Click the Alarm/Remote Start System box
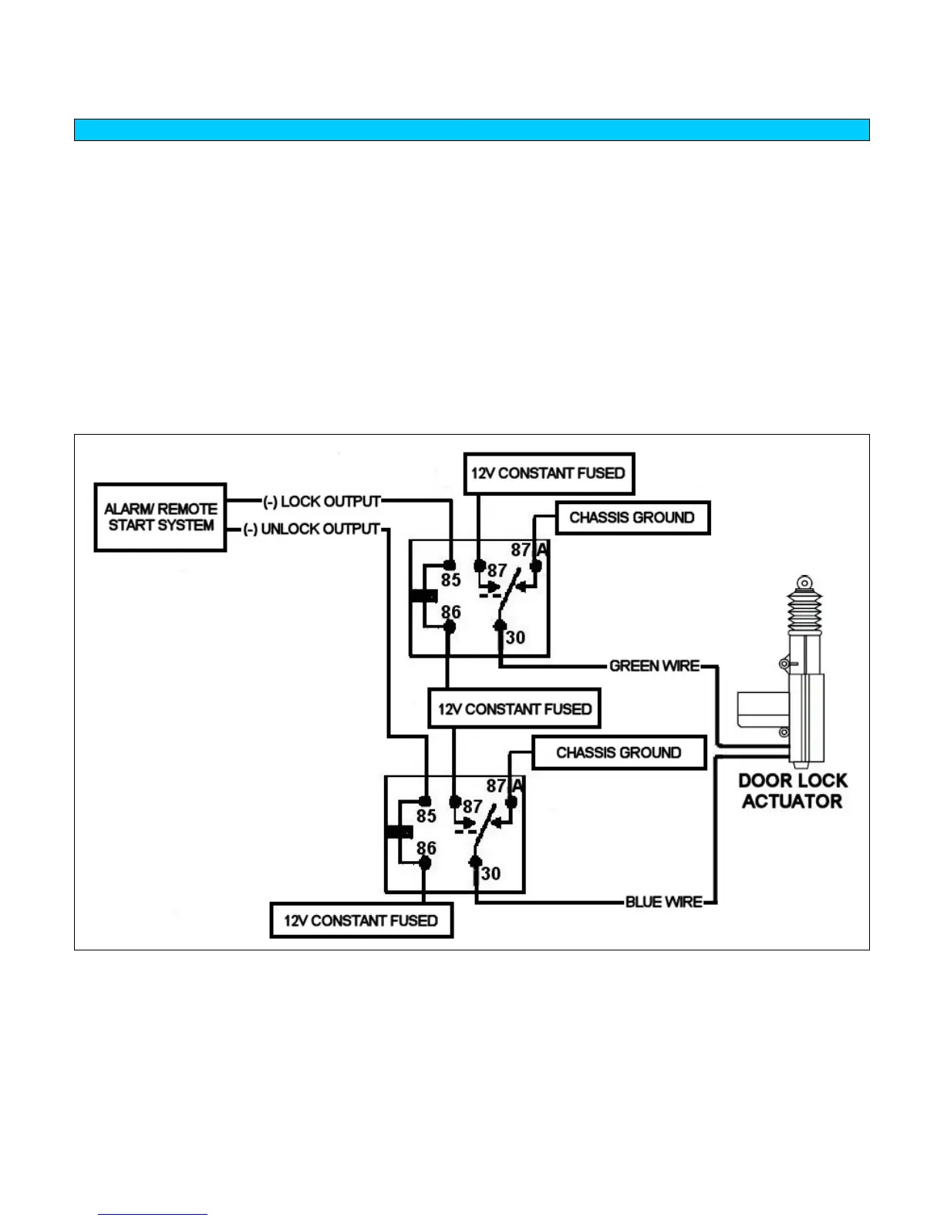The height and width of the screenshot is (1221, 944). [160, 517]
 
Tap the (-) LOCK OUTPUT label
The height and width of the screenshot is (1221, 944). [322, 502]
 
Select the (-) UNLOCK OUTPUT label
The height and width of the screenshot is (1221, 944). [312, 530]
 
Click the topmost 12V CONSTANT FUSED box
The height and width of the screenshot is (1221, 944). [548, 473]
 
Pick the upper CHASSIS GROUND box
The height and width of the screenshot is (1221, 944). [632, 518]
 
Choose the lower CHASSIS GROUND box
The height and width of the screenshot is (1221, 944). [619, 752]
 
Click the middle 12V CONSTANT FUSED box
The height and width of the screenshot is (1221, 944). [514, 709]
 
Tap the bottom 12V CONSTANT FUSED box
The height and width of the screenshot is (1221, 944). [361, 920]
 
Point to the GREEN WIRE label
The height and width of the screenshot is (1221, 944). [654, 666]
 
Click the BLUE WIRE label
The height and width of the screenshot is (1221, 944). [663, 902]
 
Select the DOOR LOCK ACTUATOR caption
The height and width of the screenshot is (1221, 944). [792, 791]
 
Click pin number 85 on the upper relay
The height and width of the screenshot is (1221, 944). [450, 580]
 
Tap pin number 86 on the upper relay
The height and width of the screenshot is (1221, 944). [450, 613]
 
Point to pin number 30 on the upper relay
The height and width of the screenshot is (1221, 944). [515, 637]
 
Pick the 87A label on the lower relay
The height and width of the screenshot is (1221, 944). [505, 786]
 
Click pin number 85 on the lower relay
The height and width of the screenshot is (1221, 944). [426, 816]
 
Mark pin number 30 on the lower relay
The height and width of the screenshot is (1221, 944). [491, 873]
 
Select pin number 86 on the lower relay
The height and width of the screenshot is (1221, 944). [426, 849]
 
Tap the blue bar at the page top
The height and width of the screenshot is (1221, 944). [471, 129]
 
